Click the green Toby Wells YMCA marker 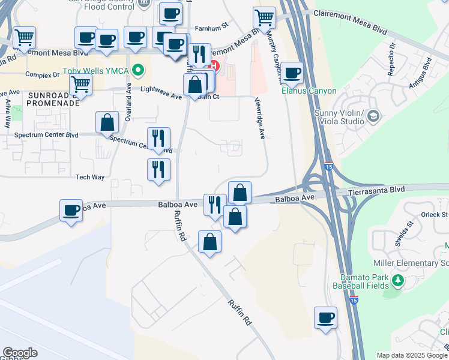coord(139,71)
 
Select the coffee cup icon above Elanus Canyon coord(292,73)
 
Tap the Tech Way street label coord(90,177)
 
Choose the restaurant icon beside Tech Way coord(158,170)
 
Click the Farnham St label coord(212,26)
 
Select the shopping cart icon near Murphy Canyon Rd coord(264,17)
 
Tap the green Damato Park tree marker coord(397,280)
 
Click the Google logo coord(20,353)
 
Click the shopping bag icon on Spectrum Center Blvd coord(107,122)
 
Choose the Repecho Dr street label coord(393,53)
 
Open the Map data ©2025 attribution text coord(412,355)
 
